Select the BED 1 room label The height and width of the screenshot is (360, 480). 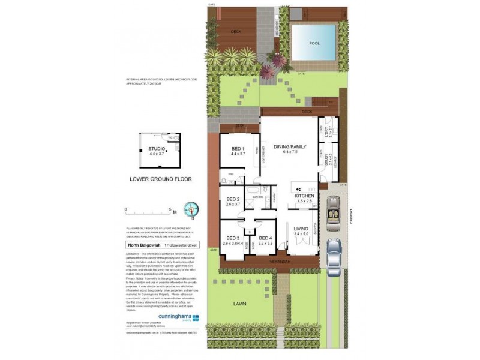(x=238, y=148)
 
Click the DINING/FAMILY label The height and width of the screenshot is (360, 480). (x=290, y=146)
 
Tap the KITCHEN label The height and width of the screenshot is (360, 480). (x=304, y=196)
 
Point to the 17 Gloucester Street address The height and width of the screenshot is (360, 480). (x=181, y=245)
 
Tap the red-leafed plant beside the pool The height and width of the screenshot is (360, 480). (x=278, y=59)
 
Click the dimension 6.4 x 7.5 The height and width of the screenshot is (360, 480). (x=290, y=152)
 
